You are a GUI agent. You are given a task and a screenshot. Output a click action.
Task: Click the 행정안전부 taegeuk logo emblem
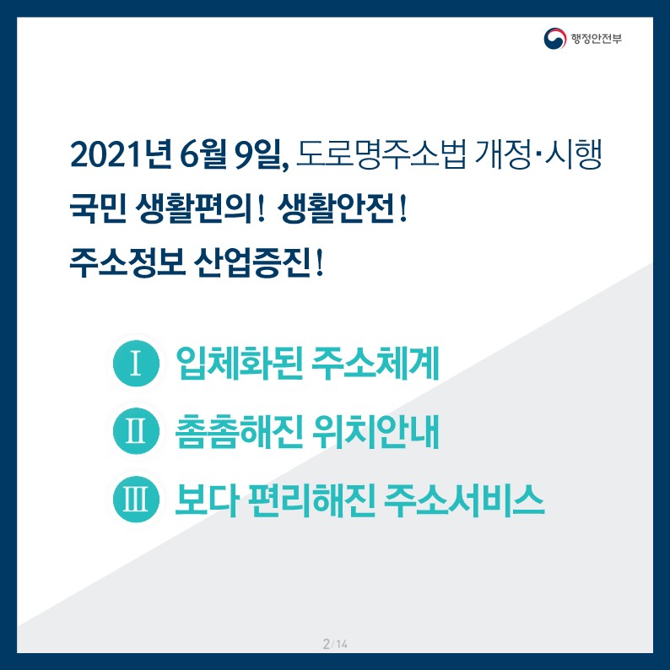[x=556, y=39]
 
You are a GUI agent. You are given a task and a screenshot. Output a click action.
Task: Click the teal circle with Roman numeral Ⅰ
[x=136, y=364]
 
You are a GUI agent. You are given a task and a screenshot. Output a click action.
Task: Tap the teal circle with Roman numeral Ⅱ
[x=136, y=431]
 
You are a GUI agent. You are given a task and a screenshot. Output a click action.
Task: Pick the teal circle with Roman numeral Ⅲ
[x=136, y=499]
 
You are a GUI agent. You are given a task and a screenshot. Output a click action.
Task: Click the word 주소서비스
[x=462, y=499]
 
